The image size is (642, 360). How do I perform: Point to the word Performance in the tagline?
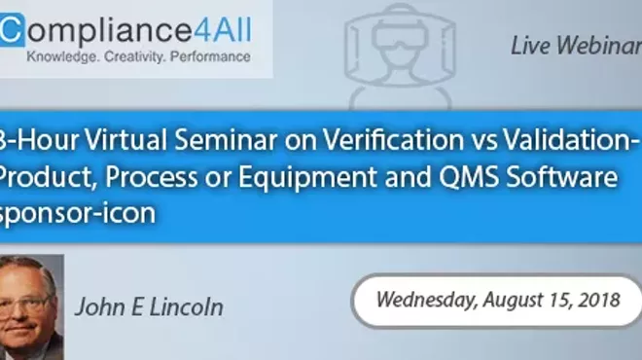[x=209, y=57]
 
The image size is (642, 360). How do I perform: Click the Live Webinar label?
[x=575, y=46]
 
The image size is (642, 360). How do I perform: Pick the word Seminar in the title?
[x=229, y=142]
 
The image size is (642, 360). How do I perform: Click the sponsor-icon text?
[x=79, y=213]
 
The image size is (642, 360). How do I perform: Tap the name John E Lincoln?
[x=149, y=307]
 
